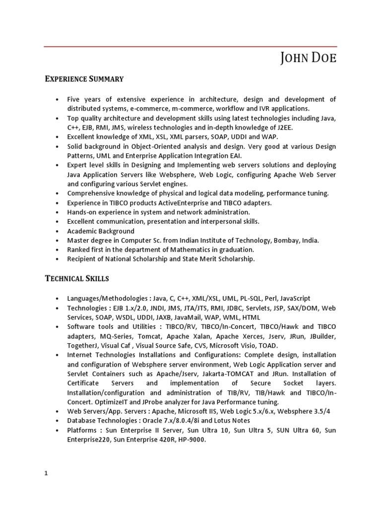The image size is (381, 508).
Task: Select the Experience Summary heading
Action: (x=84, y=79)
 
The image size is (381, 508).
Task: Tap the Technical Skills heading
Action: (x=77, y=278)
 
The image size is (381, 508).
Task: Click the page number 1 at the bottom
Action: (x=46, y=473)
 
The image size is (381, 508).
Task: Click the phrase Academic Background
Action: (x=101, y=231)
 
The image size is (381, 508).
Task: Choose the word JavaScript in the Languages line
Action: (x=295, y=299)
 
